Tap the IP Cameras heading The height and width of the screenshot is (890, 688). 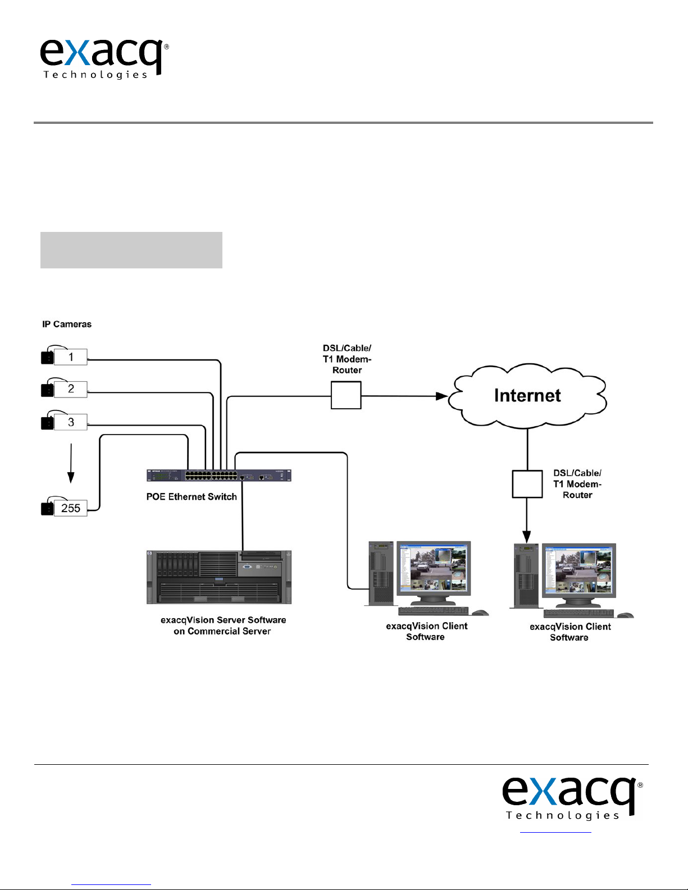click(x=67, y=324)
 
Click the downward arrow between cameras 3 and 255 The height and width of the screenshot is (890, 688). click(x=71, y=463)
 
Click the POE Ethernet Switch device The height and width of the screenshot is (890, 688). click(x=219, y=476)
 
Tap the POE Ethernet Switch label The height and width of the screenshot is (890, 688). click(x=192, y=497)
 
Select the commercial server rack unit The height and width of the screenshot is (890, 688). click(x=219, y=577)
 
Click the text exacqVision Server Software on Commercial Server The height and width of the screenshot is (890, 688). click(x=223, y=626)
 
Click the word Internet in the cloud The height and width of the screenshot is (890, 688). click(x=527, y=395)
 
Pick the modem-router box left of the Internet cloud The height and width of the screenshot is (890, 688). click(x=346, y=395)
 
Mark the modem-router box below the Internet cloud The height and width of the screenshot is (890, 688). click(x=527, y=484)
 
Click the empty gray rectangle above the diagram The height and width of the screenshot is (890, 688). click(x=131, y=250)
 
